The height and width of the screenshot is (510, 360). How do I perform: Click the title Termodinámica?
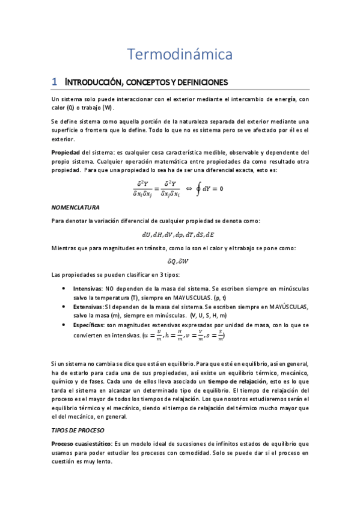[180, 54]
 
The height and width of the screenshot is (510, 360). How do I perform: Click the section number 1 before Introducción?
[54, 81]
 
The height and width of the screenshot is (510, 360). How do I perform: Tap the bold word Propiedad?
[66, 152]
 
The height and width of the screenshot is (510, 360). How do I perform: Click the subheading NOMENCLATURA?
[76, 207]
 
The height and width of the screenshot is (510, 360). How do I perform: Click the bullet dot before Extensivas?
[65, 307]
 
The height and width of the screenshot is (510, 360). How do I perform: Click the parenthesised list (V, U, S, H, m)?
[208, 315]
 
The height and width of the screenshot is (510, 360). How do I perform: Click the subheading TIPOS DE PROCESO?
[78, 431]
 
